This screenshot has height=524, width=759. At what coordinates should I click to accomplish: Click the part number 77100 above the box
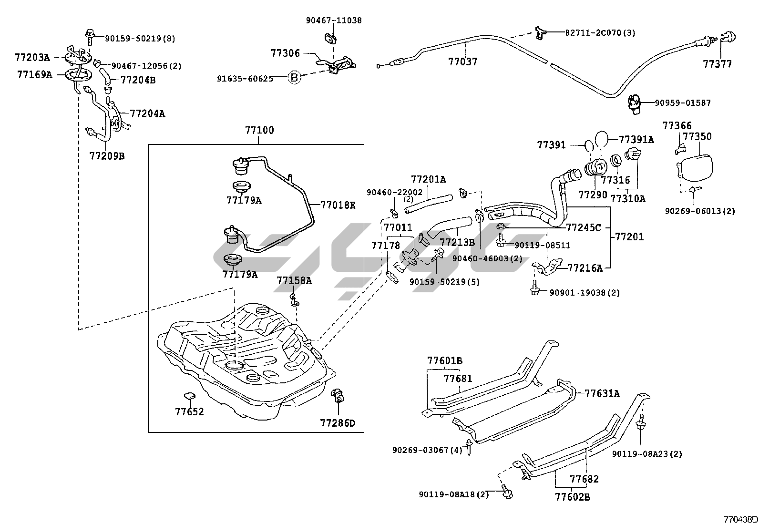(259, 130)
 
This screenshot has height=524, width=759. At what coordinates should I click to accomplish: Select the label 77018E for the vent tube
(338, 205)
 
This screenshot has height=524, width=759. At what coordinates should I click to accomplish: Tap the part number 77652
(189, 411)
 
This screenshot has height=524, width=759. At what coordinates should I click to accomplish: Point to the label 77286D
(338, 423)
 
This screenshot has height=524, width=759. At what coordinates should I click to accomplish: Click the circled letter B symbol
(295, 78)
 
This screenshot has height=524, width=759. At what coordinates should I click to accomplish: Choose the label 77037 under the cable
(462, 62)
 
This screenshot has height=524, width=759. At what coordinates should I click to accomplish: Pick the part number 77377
(718, 64)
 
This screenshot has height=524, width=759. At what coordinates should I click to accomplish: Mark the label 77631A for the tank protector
(602, 393)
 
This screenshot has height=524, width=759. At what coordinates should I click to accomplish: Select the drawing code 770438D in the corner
(740, 519)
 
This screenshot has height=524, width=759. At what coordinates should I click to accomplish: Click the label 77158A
(294, 280)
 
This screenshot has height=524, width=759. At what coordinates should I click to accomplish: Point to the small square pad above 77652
(189, 395)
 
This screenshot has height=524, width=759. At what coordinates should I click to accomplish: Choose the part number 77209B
(107, 156)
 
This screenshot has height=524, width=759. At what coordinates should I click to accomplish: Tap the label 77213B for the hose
(457, 242)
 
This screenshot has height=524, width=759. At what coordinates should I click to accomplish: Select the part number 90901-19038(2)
(585, 293)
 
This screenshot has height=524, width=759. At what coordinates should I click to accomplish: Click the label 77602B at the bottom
(572, 497)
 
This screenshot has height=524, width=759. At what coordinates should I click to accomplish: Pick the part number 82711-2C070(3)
(600, 33)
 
